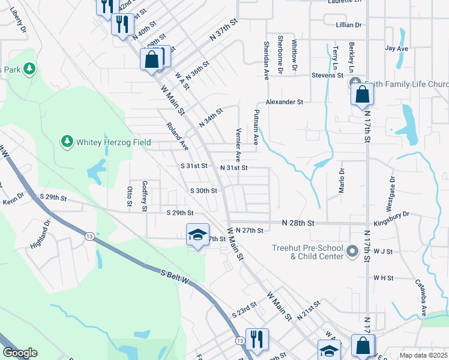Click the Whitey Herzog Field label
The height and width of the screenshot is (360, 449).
tap(103, 141)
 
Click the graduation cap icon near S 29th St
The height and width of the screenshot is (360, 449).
tap(196, 236)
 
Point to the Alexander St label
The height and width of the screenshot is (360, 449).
tap(285, 103)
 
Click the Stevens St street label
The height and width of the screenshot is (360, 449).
tap(327, 76)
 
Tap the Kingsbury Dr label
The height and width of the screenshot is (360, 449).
tap(397, 214)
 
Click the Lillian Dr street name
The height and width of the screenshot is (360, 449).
tap(349, 25)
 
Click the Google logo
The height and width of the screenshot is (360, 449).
tap(20, 353)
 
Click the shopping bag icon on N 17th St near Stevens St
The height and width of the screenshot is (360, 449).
tap(363, 95)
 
